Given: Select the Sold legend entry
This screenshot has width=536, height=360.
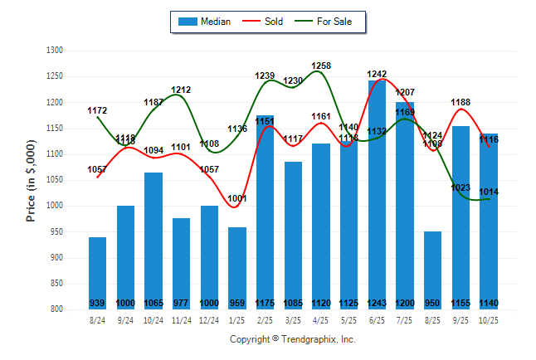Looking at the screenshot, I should (x=265, y=22).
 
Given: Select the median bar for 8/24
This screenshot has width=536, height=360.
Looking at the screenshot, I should (x=98, y=273).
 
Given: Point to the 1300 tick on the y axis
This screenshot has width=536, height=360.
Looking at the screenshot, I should (x=56, y=51).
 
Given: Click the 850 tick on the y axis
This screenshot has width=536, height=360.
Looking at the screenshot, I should (x=56, y=284).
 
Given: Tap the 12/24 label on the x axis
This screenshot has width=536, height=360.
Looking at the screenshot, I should (x=209, y=319).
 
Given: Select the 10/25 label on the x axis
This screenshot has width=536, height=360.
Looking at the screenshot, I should (x=489, y=319).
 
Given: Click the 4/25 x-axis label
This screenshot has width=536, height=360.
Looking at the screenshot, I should (x=321, y=319).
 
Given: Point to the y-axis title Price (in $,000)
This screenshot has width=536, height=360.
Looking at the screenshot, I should (x=31, y=179).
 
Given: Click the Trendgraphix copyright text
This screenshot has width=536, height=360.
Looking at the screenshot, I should (x=291, y=339).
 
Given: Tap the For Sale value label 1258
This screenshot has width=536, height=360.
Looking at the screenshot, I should (x=322, y=66).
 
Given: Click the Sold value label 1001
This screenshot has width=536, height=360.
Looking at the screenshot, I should (x=237, y=198).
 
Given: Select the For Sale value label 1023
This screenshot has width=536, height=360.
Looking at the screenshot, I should (x=460, y=187).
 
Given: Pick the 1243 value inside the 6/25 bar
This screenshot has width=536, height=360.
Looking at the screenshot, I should (x=377, y=303).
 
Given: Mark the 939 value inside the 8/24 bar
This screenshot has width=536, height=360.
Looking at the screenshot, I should (x=98, y=303).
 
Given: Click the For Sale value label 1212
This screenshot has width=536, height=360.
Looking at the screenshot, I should (x=182, y=90).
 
